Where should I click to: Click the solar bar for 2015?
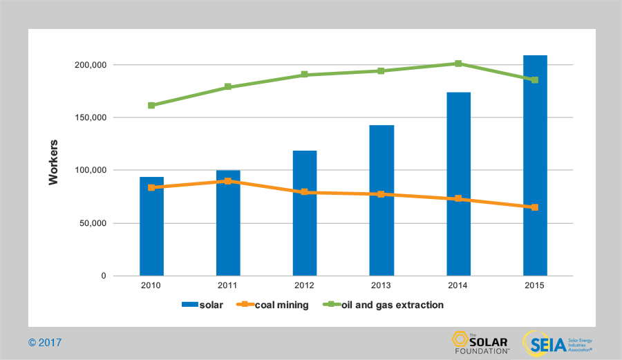535,166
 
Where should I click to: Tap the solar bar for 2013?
381,200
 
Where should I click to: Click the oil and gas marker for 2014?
458,64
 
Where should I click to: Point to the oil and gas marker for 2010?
151,106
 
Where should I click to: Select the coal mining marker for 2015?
535,207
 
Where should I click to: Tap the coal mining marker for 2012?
305,192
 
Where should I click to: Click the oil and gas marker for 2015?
535,80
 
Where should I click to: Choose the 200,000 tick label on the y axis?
90,65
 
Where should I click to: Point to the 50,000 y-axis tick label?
92,223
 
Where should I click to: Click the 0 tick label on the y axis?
104,276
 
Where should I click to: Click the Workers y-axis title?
54,162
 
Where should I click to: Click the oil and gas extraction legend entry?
387,305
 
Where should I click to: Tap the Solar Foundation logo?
480,342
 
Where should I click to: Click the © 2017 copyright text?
45,342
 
